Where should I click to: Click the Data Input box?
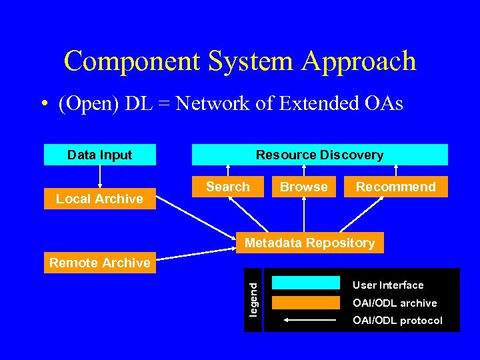(100, 155)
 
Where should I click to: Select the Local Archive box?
(100, 199)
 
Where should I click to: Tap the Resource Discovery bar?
(320, 155)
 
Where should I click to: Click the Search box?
(228, 187)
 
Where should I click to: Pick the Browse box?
(304, 187)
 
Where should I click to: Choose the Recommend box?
(395, 187)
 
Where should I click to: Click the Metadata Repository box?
(310, 243)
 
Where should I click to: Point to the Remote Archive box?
(100, 263)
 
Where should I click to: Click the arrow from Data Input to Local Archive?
(100, 177)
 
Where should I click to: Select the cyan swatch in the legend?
(306, 283)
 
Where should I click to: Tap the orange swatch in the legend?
(306, 303)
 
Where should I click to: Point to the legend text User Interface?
(388, 285)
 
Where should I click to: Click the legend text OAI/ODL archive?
(395, 303)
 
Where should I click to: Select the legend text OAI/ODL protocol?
(397, 321)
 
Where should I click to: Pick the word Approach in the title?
(359, 61)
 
